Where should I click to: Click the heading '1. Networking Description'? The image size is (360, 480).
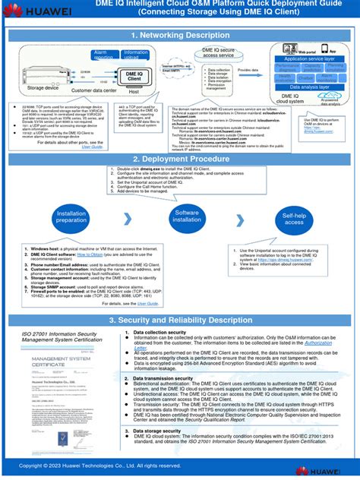179,35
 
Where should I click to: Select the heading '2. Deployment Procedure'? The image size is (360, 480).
179,159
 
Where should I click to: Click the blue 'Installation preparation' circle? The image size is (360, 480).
71,218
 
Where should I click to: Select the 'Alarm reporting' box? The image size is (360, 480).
103,55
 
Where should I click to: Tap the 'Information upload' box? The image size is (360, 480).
135,55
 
